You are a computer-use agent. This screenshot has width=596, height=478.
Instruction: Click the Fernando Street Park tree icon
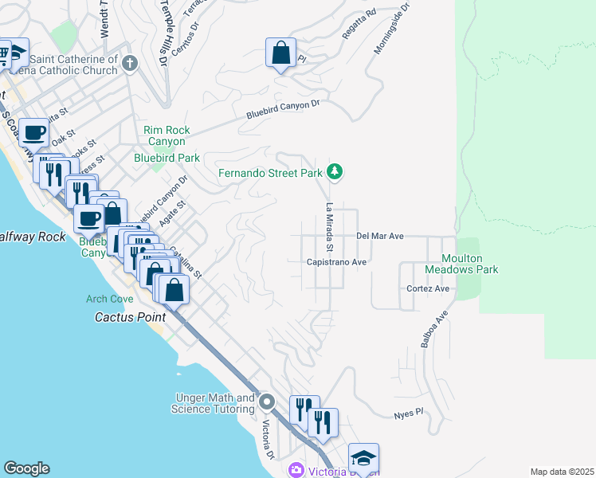click(x=335, y=171)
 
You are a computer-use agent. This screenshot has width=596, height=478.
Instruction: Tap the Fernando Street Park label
click(x=271, y=173)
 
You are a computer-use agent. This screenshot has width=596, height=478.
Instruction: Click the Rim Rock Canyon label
click(x=164, y=136)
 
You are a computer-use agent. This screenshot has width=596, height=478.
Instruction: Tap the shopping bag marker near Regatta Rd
click(x=280, y=53)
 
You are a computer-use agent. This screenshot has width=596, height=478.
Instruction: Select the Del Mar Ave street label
click(x=380, y=236)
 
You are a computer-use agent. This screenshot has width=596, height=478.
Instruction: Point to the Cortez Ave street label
click(x=428, y=288)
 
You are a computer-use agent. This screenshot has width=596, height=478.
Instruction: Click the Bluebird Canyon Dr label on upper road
click(x=282, y=109)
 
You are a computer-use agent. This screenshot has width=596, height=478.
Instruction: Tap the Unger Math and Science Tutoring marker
click(x=267, y=402)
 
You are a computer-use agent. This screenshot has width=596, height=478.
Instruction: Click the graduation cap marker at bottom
click(x=363, y=459)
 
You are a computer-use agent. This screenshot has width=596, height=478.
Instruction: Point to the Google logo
click(x=26, y=468)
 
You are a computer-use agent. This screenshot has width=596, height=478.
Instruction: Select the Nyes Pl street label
click(x=407, y=415)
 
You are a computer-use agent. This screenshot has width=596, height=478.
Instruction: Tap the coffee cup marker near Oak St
click(x=34, y=132)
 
